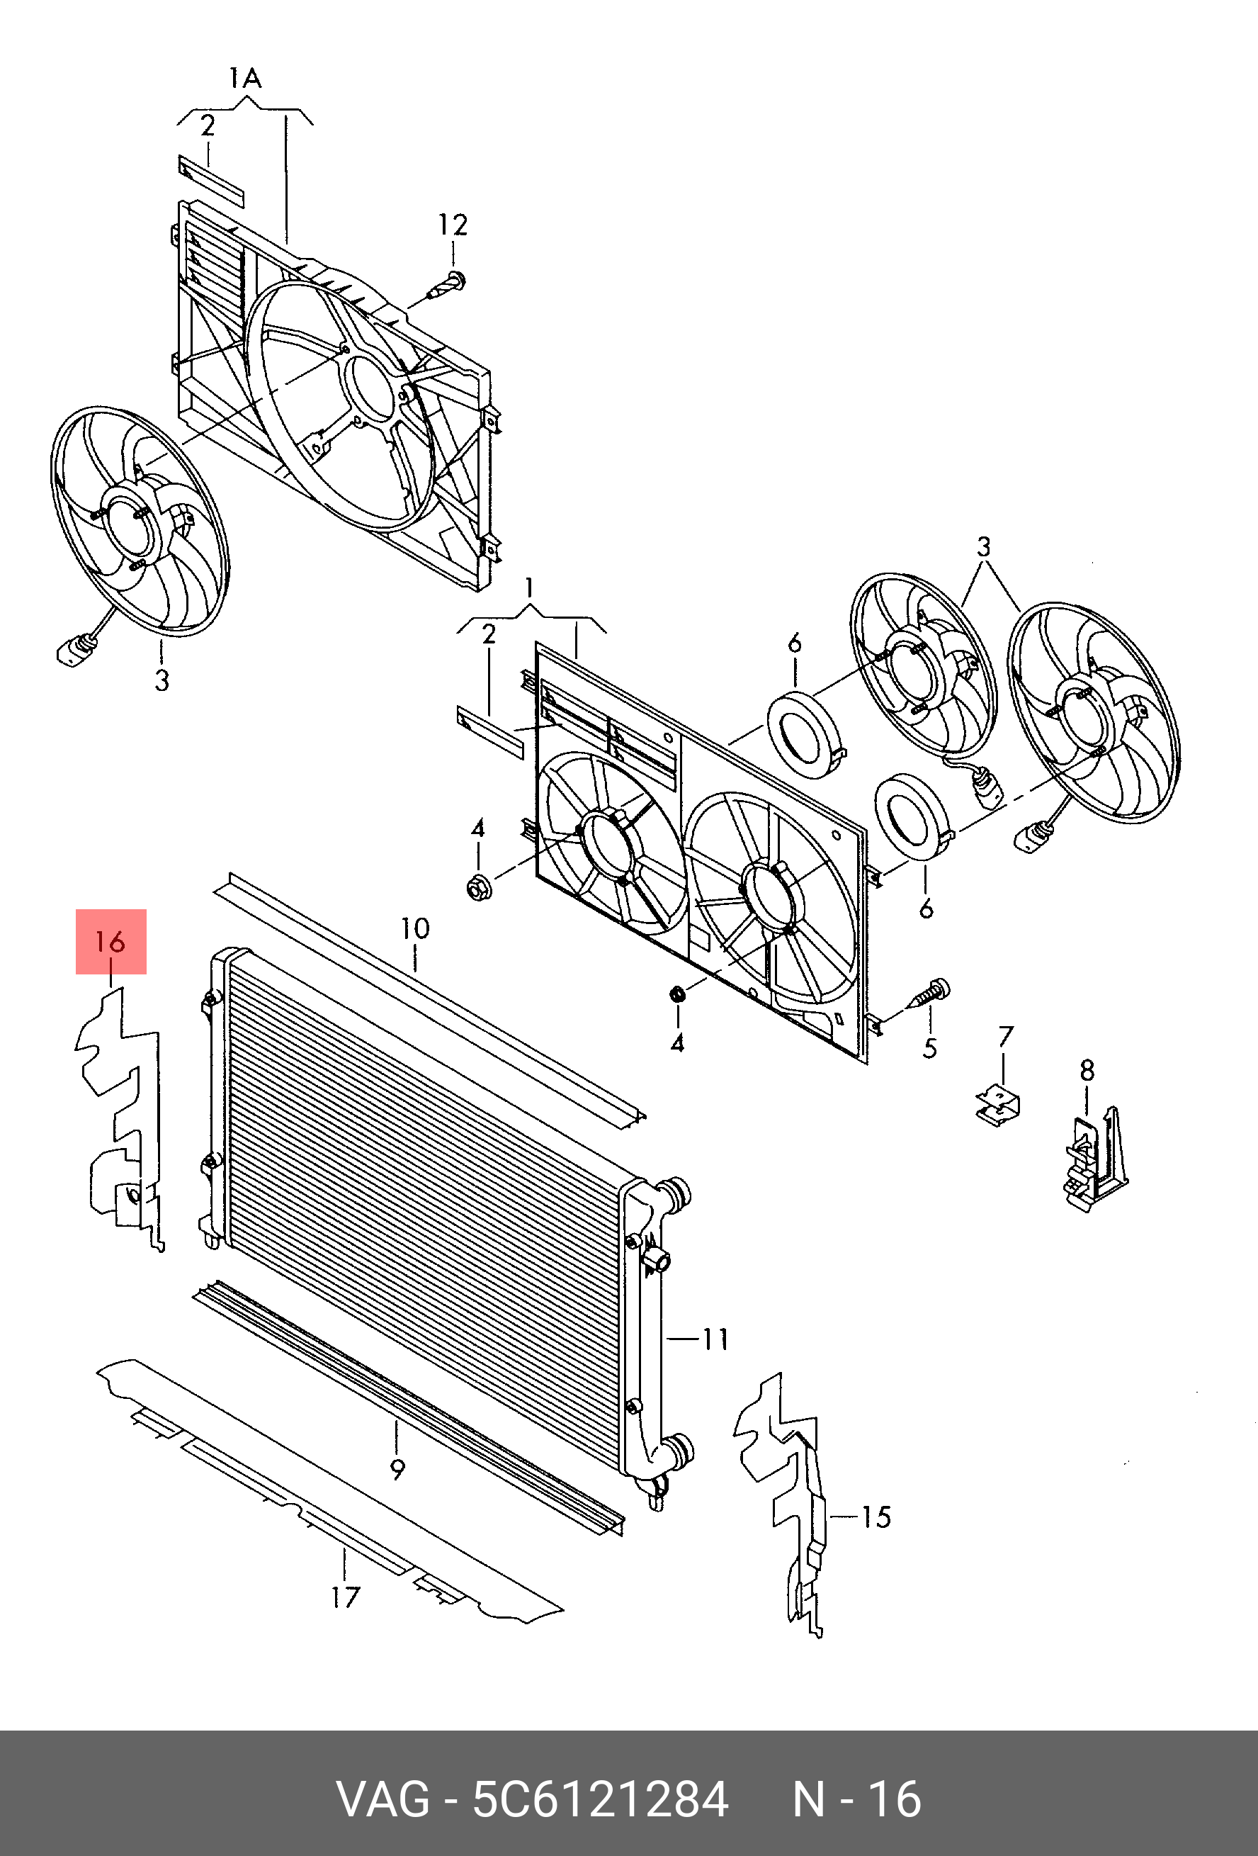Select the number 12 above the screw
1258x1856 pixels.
click(x=453, y=225)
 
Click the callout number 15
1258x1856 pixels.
click(x=875, y=1516)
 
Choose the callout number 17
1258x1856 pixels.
click(x=346, y=1597)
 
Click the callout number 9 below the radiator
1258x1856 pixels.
click(x=397, y=1467)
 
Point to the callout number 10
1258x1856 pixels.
click(x=415, y=928)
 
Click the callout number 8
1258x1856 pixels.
click(x=1087, y=1071)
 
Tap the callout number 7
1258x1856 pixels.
click(x=1006, y=1037)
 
